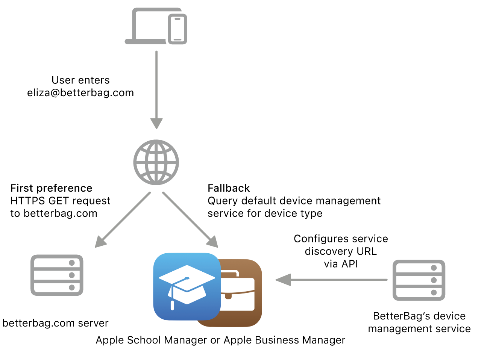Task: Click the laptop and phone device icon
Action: click(x=156, y=27)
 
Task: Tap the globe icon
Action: click(x=156, y=162)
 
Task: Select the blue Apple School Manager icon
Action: click(x=187, y=286)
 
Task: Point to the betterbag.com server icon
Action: click(x=57, y=275)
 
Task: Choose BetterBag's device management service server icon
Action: click(x=419, y=280)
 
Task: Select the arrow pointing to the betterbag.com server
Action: click(x=123, y=220)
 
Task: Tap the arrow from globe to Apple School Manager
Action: click(x=190, y=220)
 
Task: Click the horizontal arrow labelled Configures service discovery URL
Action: click(x=331, y=280)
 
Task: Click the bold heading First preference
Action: click(x=51, y=188)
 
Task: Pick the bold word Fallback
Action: click(x=229, y=188)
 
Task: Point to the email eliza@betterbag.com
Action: click(x=80, y=93)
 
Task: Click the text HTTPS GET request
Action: click(x=60, y=201)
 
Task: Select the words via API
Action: click(x=341, y=264)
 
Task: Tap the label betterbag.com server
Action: click(x=55, y=323)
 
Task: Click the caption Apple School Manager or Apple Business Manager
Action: click(x=220, y=340)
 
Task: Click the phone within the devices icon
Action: click(x=177, y=29)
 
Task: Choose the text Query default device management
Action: click(x=294, y=201)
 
